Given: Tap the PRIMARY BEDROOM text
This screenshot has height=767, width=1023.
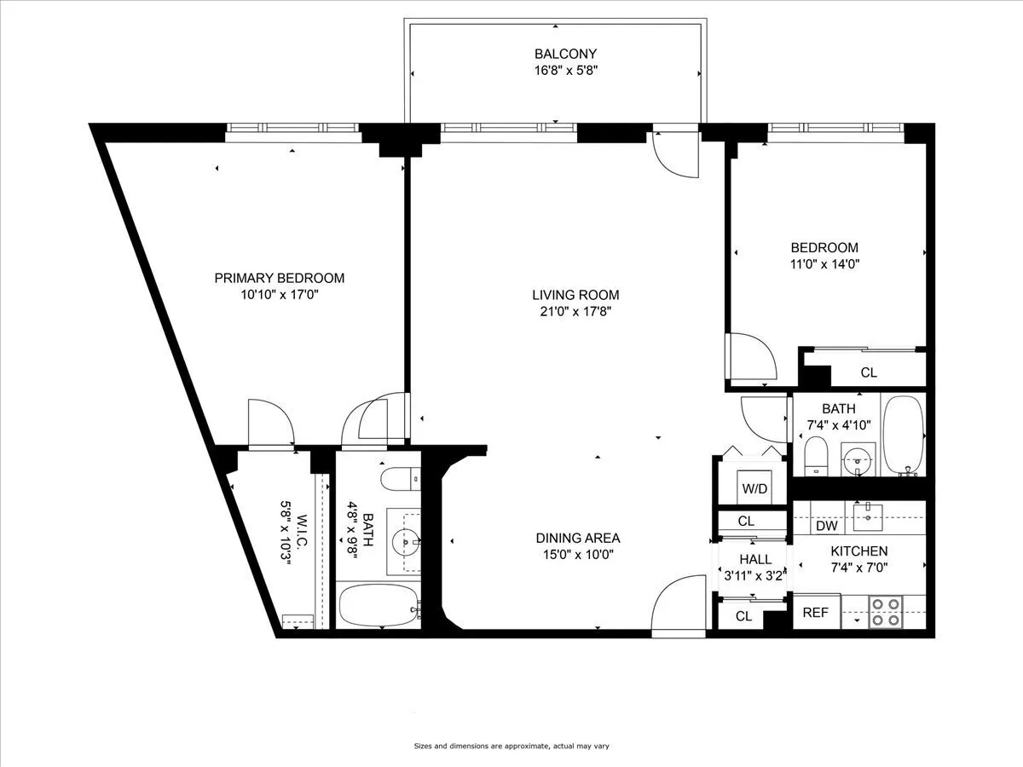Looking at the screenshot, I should pyautogui.click(x=279, y=278).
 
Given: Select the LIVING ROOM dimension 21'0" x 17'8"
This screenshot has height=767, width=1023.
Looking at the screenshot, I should pyautogui.click(x=576, y=311).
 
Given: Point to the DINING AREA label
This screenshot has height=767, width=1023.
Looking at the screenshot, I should pyautogui.click(x=577, y=538).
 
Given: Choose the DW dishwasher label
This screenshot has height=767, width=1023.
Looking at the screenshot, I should pyautogui.click(x=826, y=526).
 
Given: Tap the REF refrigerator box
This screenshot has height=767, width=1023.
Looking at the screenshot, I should pyautogui.click(x=815, y=612).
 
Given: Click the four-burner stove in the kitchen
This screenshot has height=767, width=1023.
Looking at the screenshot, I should pyautogui.click(x=886, y=613).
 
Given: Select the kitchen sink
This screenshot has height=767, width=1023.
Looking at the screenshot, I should pyautogui.click(x=868, y=512).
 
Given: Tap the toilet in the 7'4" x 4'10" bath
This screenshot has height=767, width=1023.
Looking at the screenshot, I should pyautogui.click(x=816, y=455).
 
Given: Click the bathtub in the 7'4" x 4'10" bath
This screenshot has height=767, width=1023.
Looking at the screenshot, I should pyautogui.click(x=903, y=435).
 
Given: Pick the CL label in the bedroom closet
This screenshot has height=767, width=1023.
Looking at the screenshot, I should pyautogui.click(x=868, y=372).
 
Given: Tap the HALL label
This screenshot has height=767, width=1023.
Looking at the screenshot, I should pyautogui.click(x=755, y=560).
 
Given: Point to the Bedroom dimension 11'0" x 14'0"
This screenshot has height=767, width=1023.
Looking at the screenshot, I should pyautogui.click(x=824, y=264).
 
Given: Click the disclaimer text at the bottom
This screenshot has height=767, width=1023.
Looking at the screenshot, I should pyautogui.click(x=511, y=747).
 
